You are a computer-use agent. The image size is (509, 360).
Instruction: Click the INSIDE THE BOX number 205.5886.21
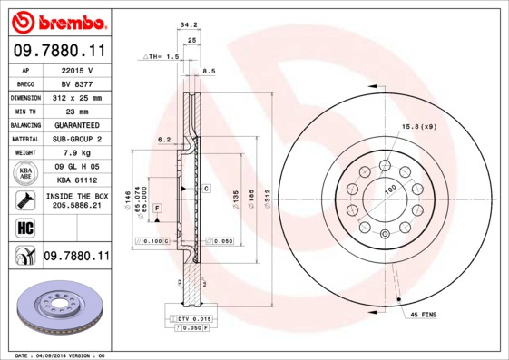[77, 206]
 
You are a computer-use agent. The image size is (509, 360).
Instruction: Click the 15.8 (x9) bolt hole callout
[418, 125]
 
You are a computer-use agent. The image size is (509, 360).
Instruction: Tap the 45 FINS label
[424, 316]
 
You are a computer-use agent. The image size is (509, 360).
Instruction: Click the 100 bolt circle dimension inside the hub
[391, 188]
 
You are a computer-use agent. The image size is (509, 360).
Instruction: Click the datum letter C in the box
[206, 189]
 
